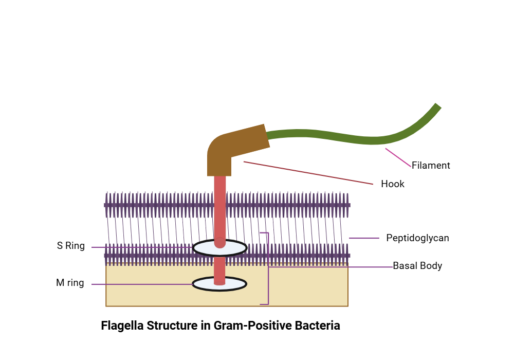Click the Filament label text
click(x=431, y=166)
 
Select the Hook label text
click(x=393, y=184)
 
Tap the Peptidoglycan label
click(x=417, y=238)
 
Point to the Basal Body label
click(x=417, y=266)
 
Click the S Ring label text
click(x=71, y=246)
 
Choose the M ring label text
click(x=70, y=283)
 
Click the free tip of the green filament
click(x=437, y=107)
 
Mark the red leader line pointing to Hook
click(x=308, y=173)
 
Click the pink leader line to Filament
click(x=399, y=158)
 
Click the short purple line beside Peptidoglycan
click(x=364, y=238)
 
